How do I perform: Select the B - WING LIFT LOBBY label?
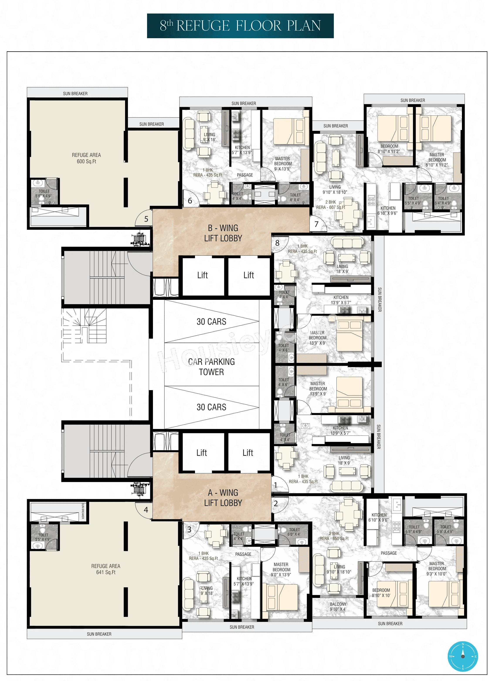click(223, 233)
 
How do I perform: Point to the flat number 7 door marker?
click(316, 224)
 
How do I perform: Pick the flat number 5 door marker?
click(146, 219)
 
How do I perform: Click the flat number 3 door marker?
click(189, 530)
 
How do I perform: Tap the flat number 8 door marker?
click(277, 243)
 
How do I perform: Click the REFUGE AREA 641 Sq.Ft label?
click(106, 569)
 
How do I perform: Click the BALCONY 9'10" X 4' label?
click(338, 607)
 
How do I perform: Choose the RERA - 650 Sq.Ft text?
click(334, 539)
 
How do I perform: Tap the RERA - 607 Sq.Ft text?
click(331, 207)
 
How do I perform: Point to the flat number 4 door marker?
click(146, 510)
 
